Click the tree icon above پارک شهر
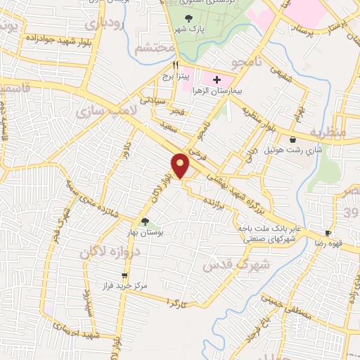click(187, 19)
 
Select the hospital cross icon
click(217, 81)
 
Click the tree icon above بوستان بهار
click(145, 222)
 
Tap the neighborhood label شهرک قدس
click(227, 265)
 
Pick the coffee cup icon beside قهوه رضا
click(328, 233)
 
